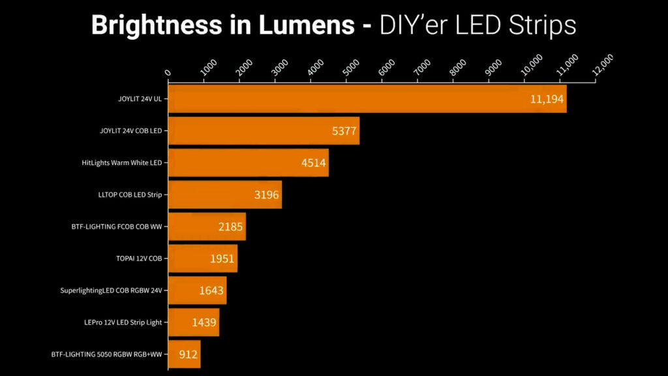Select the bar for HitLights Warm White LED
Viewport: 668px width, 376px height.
(248, 163)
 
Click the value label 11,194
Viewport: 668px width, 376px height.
(546, 99)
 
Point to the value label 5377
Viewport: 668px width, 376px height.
(344, 131)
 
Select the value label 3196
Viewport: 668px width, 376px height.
(266, 195)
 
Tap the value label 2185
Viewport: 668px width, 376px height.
(231, 227)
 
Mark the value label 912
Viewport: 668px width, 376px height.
(189, 354)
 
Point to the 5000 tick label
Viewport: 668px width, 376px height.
(350, 67)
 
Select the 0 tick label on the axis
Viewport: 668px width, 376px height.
(168, 72)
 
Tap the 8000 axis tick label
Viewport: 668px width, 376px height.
(457, 67)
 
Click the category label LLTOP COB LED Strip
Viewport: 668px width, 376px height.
(129, 195)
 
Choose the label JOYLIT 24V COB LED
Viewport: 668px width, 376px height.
(130, 131)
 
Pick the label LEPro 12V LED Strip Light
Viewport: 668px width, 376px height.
(122, 322)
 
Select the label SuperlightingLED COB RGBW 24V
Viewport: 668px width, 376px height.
(110, 290)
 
